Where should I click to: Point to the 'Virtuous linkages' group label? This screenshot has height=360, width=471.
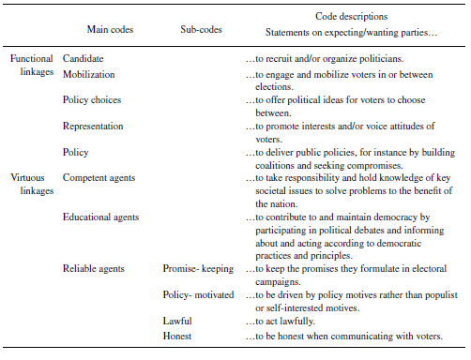32,184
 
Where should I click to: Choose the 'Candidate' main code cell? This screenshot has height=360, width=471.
83,59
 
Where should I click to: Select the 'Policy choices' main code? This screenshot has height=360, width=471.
91,99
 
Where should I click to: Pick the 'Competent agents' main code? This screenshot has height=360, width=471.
99,177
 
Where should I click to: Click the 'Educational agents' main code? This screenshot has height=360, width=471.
100,217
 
